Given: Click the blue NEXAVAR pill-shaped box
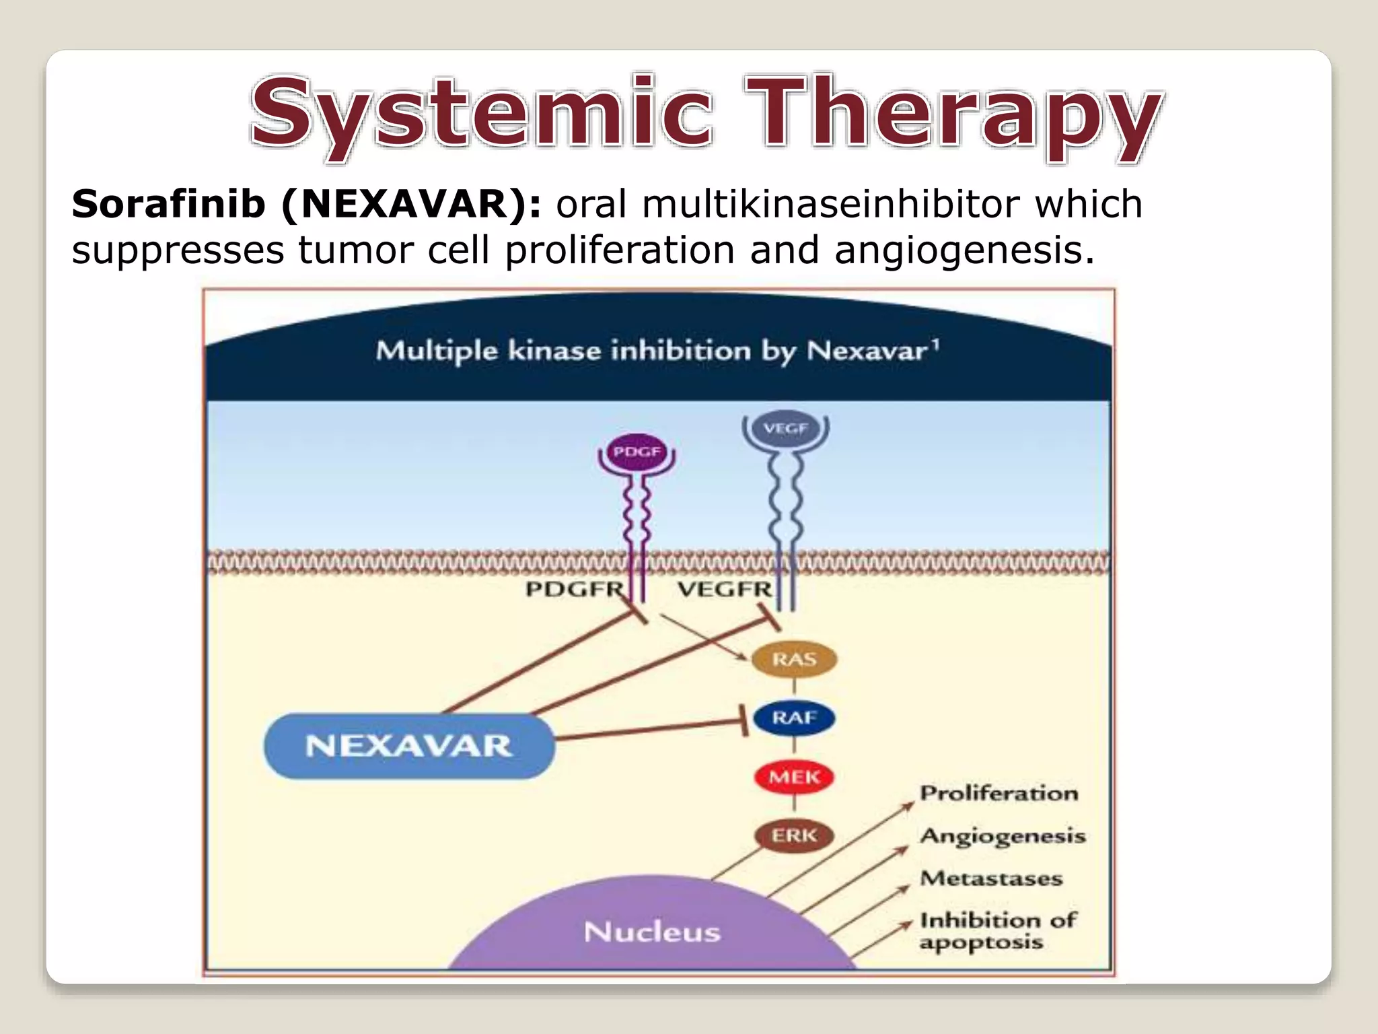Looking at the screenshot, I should click(409, 746).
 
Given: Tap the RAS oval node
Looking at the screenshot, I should click(794, 659).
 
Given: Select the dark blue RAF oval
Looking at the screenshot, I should click(794, 718).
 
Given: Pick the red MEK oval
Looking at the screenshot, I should click(794, 777).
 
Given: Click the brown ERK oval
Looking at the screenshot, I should click(794, 835).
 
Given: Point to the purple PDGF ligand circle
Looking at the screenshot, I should click(637, 452).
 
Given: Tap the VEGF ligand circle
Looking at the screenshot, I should click(785, 428).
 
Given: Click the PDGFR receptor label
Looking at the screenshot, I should click(575, 590).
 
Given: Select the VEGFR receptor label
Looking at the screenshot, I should click(725, 590).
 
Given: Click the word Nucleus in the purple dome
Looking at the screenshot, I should click(652, 932).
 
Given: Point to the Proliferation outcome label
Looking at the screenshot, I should click(999, 793).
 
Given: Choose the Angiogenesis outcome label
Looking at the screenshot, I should click(1003, 836).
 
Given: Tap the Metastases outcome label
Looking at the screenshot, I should click(991, 878).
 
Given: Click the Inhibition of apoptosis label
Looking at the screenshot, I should click(998, 930).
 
